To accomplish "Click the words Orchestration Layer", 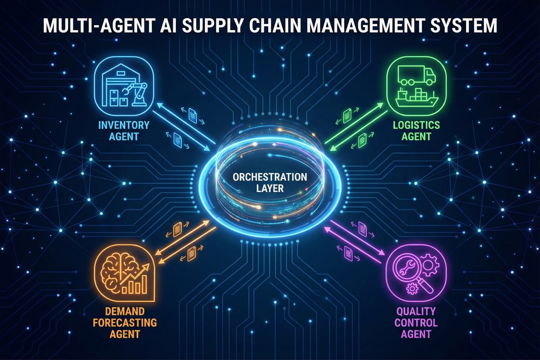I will (270, 182).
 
